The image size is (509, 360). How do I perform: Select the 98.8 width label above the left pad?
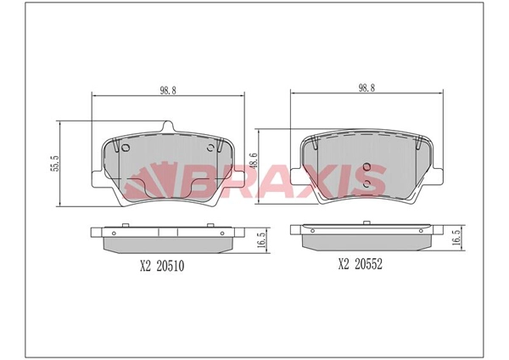168,89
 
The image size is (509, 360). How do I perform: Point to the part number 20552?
368,263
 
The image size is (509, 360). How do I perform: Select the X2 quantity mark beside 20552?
344,263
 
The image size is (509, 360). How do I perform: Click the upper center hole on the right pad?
366,166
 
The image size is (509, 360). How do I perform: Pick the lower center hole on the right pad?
366,182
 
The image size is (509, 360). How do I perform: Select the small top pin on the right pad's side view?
366,224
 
